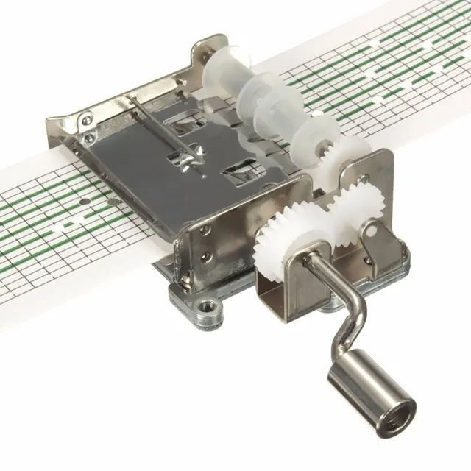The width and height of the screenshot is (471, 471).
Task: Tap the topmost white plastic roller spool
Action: click(221, 70)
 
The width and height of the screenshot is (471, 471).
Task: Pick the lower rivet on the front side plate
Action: click(208, 257)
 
